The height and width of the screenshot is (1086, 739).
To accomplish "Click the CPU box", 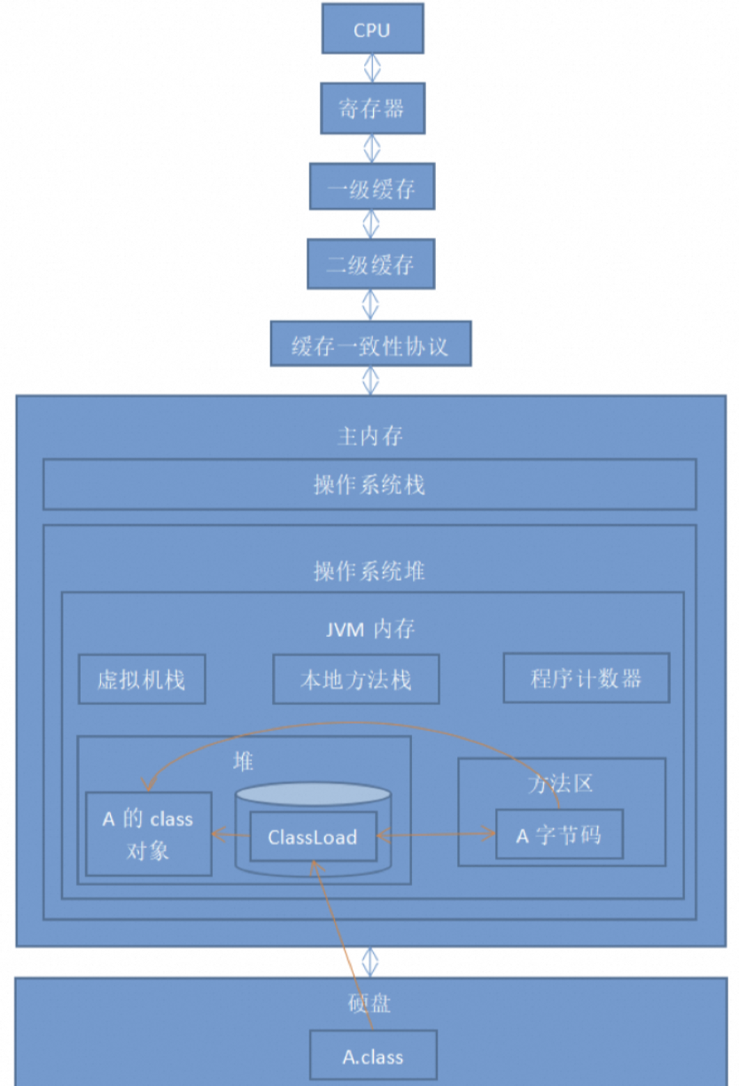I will click(372, 29).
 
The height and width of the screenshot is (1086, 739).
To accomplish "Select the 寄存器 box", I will click(372, 108).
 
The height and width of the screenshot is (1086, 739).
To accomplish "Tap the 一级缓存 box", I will click(372, 187).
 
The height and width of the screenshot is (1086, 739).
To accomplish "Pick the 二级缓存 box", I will click(371, 264).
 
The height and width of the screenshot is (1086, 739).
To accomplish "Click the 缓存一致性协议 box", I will click(370, 345).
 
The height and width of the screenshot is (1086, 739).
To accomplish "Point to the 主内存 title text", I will click(370, 436).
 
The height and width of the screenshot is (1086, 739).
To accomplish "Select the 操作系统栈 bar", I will click(369, 485).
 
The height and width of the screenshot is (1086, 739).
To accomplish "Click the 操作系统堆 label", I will click(369, 570).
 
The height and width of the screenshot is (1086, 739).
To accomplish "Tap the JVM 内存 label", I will click(369, 629).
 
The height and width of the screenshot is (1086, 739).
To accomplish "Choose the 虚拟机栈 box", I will click(142, 679).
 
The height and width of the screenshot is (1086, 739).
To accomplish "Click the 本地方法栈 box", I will click(356, 679).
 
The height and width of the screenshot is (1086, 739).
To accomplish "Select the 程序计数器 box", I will click(587, 679).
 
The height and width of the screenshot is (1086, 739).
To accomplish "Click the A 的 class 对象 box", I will click(148, 834).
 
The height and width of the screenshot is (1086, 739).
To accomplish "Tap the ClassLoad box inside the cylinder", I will click(313, 836).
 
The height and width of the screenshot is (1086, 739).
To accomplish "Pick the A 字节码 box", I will click(559, 834).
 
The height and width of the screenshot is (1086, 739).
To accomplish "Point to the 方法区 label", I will click(560, 783).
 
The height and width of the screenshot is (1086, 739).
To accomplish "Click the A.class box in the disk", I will click(373, 1055).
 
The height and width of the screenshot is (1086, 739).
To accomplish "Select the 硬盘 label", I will click(370, 1004).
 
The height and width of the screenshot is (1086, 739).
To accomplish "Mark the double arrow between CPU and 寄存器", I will click(372, 68).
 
